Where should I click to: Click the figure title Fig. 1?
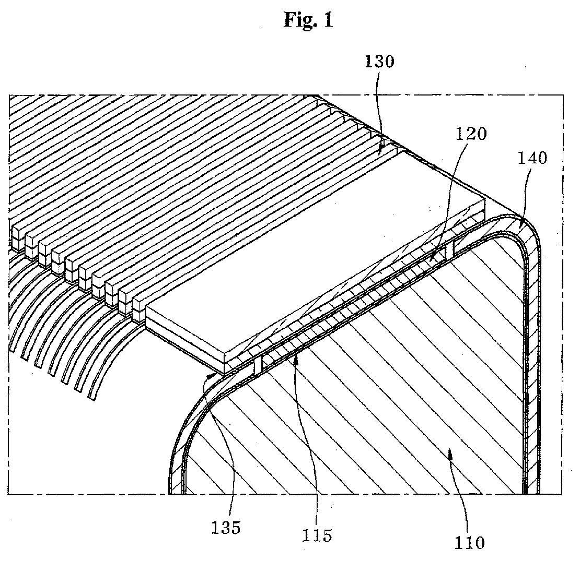[x=308, y=19]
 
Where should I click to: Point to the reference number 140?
[x=532, y=158]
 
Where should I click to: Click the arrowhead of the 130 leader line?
[x=380, y=151]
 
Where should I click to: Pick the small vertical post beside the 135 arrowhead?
[x=258, y=365]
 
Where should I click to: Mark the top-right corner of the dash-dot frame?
[x=563, y=95]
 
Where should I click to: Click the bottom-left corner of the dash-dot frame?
[x=9, y=494]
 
